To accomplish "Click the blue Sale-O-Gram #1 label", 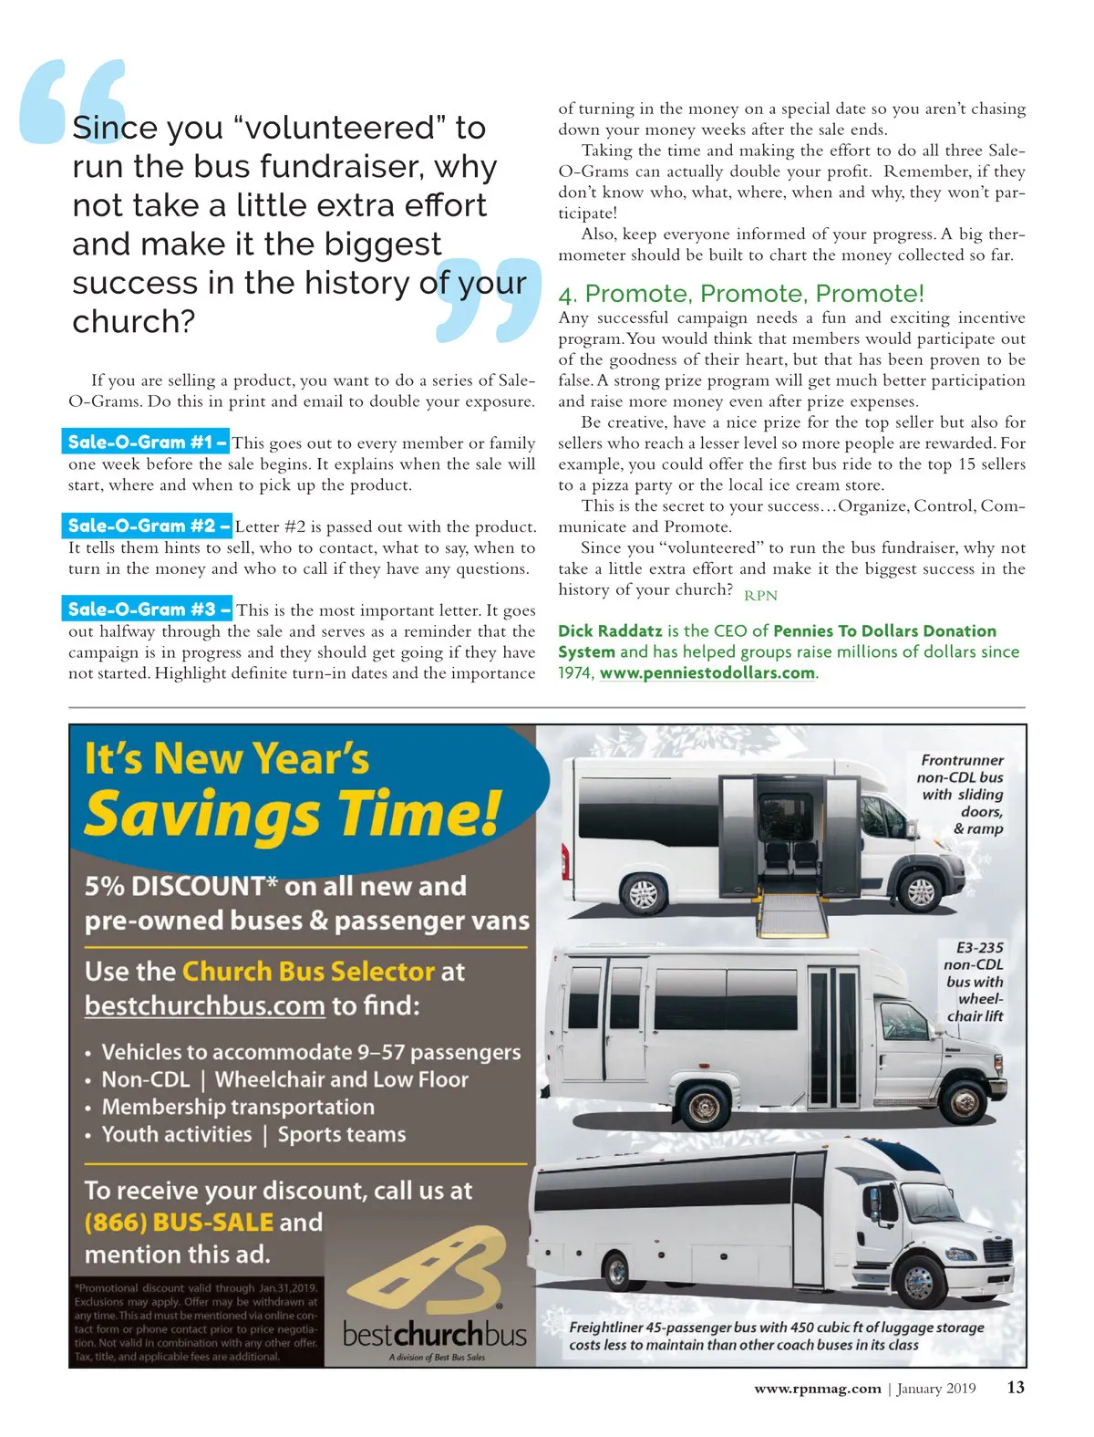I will click(x=146, y=443).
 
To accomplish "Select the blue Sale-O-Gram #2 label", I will click(x=147, y=526).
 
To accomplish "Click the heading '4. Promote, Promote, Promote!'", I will click(x=741, y=294).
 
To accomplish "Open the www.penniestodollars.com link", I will click(x=707, y=673).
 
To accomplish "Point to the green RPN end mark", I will click(x=760, y=596).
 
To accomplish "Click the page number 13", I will click(x=1016, y=1388).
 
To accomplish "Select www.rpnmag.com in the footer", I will click(x=817, y=1389).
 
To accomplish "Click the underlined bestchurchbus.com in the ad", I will click(x=204, y=1005).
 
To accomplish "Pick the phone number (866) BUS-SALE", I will click(x=179, y=1222).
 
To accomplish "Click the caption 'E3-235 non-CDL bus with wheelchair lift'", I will click(x=974, y=982).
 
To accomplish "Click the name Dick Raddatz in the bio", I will click(x=610, y=631).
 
